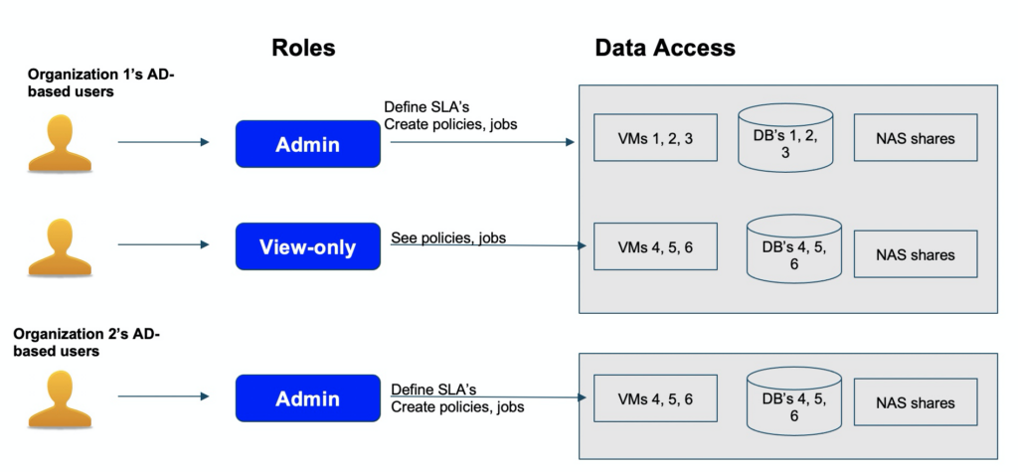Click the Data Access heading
point(665,48)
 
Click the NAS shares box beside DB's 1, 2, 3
point(915,138)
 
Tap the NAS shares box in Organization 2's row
point(915,403)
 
